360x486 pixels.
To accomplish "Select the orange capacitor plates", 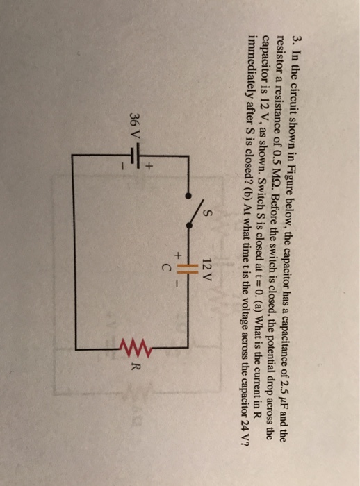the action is coord(188,269).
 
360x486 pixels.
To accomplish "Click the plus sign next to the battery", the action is coord(149,167).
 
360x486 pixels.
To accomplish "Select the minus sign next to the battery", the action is coord(123,167).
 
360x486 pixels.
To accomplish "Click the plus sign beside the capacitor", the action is coord(178,255).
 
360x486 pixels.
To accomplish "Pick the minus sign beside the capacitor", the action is coord(177,283).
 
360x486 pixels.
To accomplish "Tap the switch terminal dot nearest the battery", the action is coord(188,195).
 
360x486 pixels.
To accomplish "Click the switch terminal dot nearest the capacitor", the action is coord(188,226).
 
